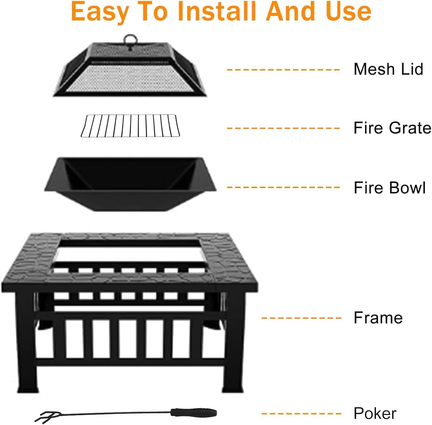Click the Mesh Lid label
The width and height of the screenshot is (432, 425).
coord(388,69)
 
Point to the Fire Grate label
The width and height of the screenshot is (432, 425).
coord(392,128)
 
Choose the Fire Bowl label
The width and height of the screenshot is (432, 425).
coord(389,188)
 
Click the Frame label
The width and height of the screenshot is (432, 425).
coord(378,318)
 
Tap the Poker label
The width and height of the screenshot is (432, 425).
coord(375,413)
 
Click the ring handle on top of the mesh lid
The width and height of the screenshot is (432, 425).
coord(130,40)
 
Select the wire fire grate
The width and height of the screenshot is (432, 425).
coord(130,126)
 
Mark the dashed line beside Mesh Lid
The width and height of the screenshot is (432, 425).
coord(283,70)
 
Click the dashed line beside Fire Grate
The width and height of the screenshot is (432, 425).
coord(283,128)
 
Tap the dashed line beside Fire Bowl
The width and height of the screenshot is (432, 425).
coord(283,187)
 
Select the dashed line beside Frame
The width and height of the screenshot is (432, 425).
coord(301,318)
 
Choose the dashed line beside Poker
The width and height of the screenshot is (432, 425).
coord(301,414)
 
